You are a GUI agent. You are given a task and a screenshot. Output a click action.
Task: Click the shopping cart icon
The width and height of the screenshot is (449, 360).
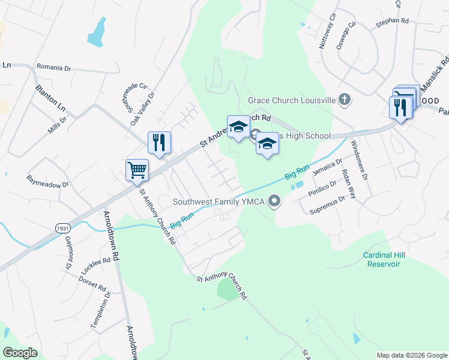pyautogui.click(x=137, y=170)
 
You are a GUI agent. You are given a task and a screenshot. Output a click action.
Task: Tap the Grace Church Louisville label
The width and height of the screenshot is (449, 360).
pyautogui.click(x=291, y=100)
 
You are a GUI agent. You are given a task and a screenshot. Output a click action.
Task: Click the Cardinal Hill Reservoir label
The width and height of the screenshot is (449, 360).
pyautogui.click(x=384, y=259)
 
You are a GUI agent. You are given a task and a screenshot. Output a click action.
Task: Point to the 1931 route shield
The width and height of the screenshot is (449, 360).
pyautogui.click(x=62, y=229)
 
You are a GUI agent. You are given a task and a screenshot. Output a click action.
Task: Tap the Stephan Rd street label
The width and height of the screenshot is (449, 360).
pyautogui.click(x=392, y=21)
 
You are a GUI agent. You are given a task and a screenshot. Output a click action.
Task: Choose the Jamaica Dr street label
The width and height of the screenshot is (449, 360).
pyautogui.click(x=327, y=169)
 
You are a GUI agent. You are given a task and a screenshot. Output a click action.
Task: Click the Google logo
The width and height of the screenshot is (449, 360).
pyautogui.click(x=20, y=353)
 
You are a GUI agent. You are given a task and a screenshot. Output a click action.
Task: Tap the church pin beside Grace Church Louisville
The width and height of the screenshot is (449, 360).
pyautogui.click(x=344, y=100)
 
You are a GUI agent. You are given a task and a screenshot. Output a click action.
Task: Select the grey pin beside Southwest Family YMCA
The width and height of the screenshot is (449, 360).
pyautogui.click(x=274, y=201)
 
